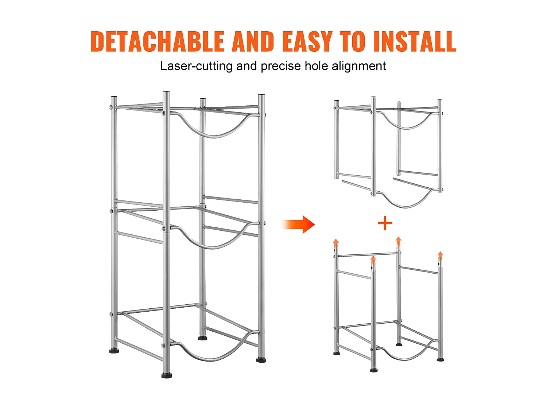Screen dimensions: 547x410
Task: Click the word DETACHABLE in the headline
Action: (x=158, y=41)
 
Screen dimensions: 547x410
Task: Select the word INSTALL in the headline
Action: (x=415, y=41)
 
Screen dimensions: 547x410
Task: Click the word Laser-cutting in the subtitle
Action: (x=196, y=66)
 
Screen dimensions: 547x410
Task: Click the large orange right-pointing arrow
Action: (x=298, y=224)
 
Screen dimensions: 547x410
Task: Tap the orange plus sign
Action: (x=385, y=223)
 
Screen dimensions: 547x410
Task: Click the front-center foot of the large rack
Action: (x=167, y=375)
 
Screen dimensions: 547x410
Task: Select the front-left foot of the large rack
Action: (x=114, y=351)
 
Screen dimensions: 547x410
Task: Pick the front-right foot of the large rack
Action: (x=261, y=360)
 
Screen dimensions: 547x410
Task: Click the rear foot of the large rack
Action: (x=203, y=338)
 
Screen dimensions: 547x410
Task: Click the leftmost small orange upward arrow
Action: (x=336, y=244)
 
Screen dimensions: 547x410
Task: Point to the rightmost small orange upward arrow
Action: (x=441, y=257)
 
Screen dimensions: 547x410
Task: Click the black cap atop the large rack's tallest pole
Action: (x=166, y=92)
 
